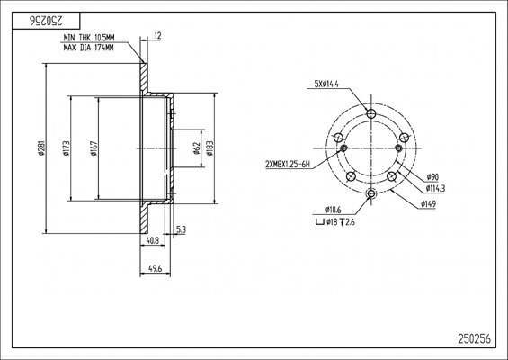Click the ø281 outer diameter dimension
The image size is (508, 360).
point(41,148)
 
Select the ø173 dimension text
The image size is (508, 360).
point(67,148)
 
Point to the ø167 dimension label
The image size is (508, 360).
point(94,148)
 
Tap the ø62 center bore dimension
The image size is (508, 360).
point(196,148)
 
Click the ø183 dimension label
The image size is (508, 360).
point(209,148)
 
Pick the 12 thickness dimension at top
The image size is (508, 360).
point(157,36)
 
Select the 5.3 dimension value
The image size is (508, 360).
point(181,229)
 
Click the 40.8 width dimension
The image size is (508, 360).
point(153,240)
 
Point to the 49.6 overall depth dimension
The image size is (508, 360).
point(155,268)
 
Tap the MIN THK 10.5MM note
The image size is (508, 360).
point(89,38)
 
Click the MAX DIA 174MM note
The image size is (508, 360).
point(88,48)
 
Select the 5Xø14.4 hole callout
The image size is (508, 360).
point(326,85)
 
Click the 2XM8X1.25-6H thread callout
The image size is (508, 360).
point(288,165)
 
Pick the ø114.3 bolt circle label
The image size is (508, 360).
point(435,188)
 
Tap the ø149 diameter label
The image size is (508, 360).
point(428,204)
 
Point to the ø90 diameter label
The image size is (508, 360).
point(432,177)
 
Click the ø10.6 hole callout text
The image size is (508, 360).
point(333,210)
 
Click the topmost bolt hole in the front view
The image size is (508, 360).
point(371,113)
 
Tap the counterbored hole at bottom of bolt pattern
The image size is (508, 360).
point(371,193)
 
